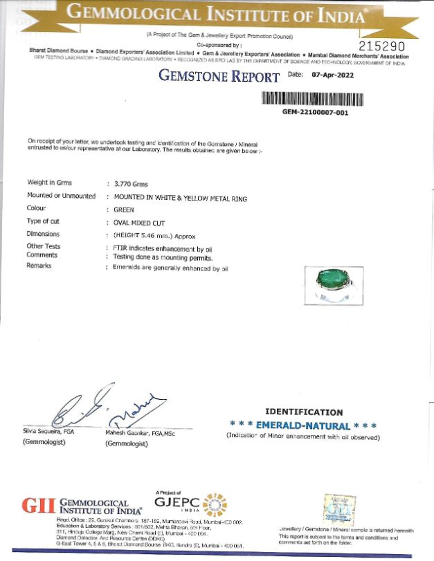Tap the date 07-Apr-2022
(x=332, y=75)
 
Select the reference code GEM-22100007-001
(x=315, y=112)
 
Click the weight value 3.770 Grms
(x=131, y=184)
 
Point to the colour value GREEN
(x=124, y=209)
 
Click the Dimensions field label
(x=44, y=234)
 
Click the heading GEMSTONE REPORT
(x=219, y=76)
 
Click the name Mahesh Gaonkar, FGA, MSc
(x=142, y=432)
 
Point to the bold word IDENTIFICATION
(x=304, y=412)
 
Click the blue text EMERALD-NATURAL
(x=304, y=425)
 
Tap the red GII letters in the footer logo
(x=39, y=506)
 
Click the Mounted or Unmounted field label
(x=61, y=196)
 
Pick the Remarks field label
(x=39, y=266)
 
